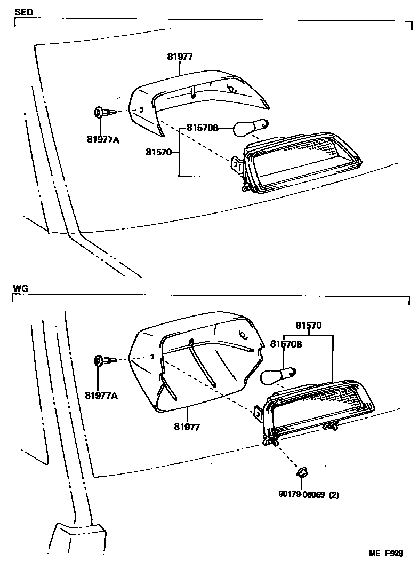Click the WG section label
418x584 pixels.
click(20, 288)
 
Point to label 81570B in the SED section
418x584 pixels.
click(203, 128)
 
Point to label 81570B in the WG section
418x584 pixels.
click(286, 344)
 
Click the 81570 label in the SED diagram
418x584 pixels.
click(158, 153)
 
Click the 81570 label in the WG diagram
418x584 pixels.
click(309, 325)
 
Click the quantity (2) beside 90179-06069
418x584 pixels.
click(334, 494)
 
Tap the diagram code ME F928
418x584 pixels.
click(385, 554)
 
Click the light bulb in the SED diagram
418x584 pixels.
click(250, 127)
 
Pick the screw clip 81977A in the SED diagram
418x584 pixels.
click(102, 113)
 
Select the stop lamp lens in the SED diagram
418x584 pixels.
click(304, 161)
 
